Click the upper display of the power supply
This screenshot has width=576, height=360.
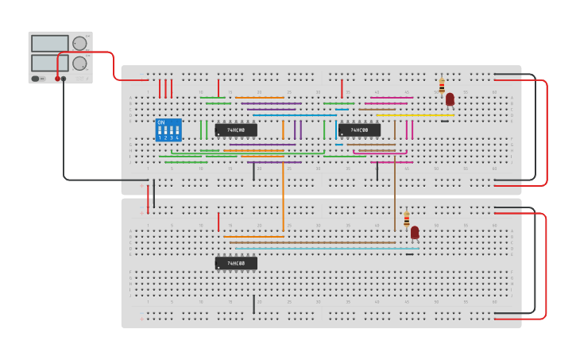point(49,44)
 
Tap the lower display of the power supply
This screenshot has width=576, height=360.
point(49,62)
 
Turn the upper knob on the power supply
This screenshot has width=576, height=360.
point(79,44)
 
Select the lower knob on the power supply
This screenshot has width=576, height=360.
point(79,63)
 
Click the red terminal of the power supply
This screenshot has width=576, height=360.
point(57,79)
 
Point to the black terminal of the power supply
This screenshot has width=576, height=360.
point(64,79)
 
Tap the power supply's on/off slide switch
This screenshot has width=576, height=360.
point(37,79)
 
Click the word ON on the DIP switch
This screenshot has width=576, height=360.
point(161,122)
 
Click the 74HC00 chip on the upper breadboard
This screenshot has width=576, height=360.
point(236,130)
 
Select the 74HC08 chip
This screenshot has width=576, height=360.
point(359,130)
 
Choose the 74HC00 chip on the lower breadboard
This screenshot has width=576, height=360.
point(236,263)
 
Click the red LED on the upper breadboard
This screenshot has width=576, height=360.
point(450,99)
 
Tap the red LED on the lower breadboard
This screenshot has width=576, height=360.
point(415,232)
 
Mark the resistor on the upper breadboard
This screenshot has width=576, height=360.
point(442,86)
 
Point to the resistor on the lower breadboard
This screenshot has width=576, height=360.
point(407,219)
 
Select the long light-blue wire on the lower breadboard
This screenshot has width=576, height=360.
point(326,249)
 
